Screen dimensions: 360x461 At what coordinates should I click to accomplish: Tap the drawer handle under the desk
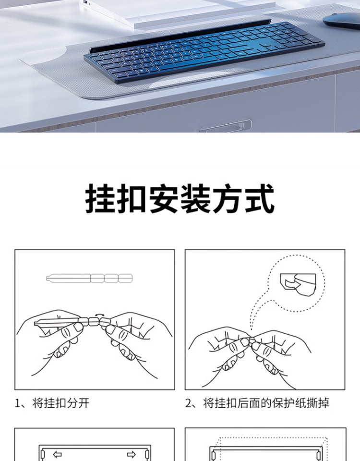[225, 126]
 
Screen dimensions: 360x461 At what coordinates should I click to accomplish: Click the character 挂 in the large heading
[100, 198]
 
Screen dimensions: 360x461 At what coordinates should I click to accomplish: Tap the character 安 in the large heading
[164, 198]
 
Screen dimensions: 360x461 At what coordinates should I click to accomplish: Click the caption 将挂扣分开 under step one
[60, 403]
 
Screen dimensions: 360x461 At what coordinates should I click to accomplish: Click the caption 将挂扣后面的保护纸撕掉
[266, 403]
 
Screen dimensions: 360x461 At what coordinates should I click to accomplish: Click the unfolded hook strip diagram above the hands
[89, 278]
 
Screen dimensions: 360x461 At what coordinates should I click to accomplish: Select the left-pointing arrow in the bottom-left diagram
[57, 455]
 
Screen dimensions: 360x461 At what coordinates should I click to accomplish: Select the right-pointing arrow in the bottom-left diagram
[132, 455]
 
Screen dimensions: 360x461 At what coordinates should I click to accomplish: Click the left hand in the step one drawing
[53, 341]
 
